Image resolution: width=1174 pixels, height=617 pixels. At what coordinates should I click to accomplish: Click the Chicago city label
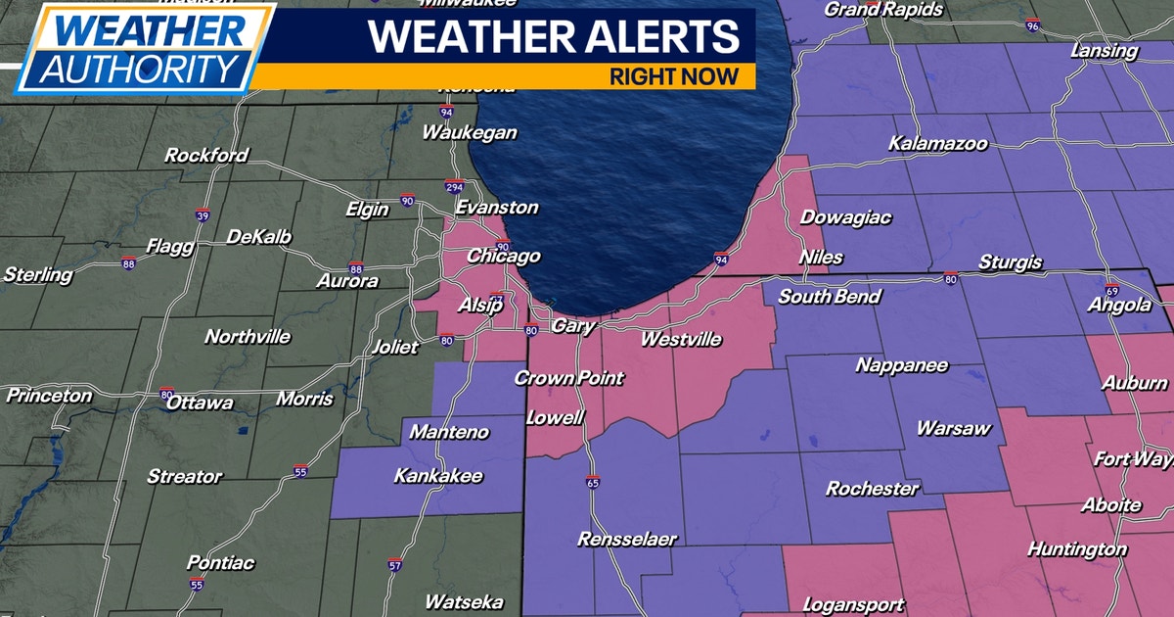[503, 257]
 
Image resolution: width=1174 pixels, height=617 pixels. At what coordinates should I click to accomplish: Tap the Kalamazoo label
[937, 144]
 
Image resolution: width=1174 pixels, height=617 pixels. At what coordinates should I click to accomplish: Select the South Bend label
[830, 297]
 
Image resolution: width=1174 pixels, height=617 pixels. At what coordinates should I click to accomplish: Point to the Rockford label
[206, 156]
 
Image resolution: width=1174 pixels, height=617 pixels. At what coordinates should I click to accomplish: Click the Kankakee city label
[437, 477]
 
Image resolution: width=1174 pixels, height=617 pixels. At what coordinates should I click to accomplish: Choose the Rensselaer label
[627, 540]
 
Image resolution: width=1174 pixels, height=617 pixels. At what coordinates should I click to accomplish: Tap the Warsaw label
[954, 429]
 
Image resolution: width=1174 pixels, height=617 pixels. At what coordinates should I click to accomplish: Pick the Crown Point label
[568, 378]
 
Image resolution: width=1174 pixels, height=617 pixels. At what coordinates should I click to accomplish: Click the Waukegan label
[470, 133]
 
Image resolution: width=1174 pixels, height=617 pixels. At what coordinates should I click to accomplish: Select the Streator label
[185, 477]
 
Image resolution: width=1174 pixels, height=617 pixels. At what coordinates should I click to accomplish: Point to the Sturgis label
[1009, 263]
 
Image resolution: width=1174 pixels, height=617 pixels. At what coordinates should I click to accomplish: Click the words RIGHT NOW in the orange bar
[674, 76]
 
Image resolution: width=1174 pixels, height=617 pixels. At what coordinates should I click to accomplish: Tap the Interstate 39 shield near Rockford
[202, 215]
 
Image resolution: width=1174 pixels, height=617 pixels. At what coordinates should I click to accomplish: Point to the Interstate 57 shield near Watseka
[394, 566]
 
